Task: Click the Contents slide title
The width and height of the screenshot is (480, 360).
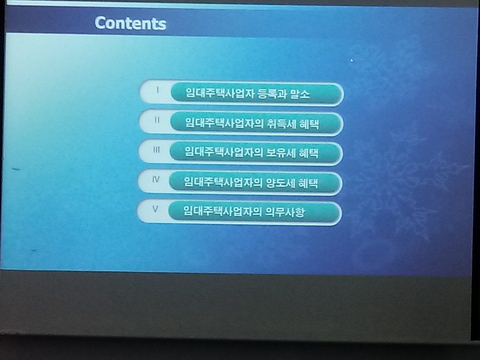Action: pos(130,23)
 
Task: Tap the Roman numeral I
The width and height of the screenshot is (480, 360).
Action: pos(157,90)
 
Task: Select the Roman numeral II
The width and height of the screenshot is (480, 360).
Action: pos(157,119)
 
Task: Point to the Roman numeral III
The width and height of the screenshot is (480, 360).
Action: pos(156,149)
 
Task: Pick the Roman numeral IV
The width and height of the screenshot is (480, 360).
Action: pos(156,179)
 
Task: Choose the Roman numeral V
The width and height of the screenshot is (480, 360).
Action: pos(155,209)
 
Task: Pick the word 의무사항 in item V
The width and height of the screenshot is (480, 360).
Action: pos(284,211)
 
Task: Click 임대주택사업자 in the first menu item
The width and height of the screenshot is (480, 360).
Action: pos(220,93)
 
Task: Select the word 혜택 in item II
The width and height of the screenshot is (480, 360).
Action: pos(308,124)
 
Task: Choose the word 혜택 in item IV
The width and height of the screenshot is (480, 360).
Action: pos(307,183)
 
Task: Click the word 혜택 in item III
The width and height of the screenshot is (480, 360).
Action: pos(308,153)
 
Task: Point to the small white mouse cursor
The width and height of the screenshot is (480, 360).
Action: pos(351,60)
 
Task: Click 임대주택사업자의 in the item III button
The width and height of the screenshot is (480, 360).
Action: pos(223,152)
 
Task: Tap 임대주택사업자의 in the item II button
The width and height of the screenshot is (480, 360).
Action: pos(224,123)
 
